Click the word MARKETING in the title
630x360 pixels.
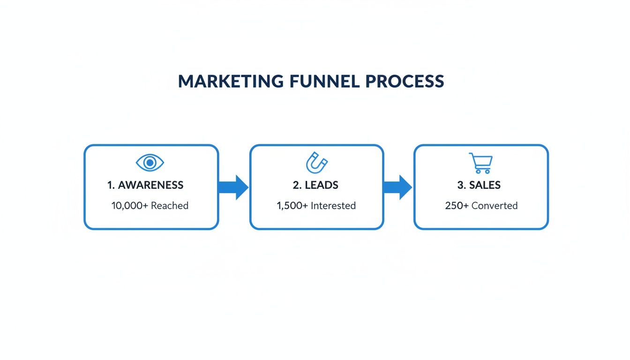coord(231,82)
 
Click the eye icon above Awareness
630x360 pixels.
coord(150,163)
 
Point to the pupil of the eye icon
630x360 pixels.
coord(150,163)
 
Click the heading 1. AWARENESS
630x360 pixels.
coord(145,185)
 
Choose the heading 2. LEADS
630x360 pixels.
coord(315,185)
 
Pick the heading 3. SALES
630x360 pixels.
coord(479,185)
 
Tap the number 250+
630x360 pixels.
coord(457,206)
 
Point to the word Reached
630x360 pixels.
coord(169,206)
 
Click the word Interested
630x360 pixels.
coord(334,206)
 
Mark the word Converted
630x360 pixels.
coord(495,206)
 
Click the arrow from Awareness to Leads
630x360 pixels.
coord(233,187)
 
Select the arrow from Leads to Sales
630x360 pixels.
coord(397,187)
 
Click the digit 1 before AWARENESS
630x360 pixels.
coord(110,185)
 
